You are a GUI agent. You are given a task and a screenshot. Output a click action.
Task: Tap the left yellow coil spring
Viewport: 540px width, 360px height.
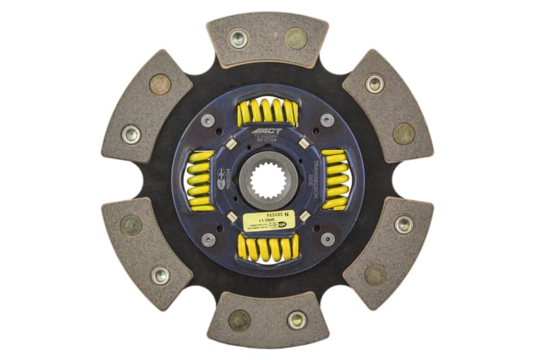[x=199, y=179]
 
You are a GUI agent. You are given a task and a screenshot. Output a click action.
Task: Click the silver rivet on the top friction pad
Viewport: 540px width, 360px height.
[x=238, y=38]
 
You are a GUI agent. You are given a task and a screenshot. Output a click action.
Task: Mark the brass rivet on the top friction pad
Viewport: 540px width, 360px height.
[x=296, y=38]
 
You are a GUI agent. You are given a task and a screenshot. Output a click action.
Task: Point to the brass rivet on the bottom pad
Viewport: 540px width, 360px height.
[x=238, y=319]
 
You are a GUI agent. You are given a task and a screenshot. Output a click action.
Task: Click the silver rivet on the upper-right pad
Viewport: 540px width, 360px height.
[x=375, y=84]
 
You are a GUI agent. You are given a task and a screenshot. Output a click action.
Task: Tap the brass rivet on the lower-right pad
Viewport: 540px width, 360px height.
[x=375, y=274]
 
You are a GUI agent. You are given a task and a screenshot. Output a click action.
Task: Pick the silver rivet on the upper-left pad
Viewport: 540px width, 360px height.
[x=131, y=133]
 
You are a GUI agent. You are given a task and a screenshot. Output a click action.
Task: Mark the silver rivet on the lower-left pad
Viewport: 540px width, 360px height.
[x=160, y=274]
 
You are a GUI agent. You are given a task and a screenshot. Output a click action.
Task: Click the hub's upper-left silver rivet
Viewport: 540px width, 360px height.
[x=209, y=121]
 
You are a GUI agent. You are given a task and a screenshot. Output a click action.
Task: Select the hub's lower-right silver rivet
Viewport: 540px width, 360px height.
[x=327, y=238]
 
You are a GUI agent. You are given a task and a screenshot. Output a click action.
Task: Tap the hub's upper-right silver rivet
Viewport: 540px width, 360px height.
[x=327, y=120]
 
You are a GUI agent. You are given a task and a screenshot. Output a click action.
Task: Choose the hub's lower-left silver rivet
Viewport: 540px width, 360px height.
[x=209, y=238]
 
